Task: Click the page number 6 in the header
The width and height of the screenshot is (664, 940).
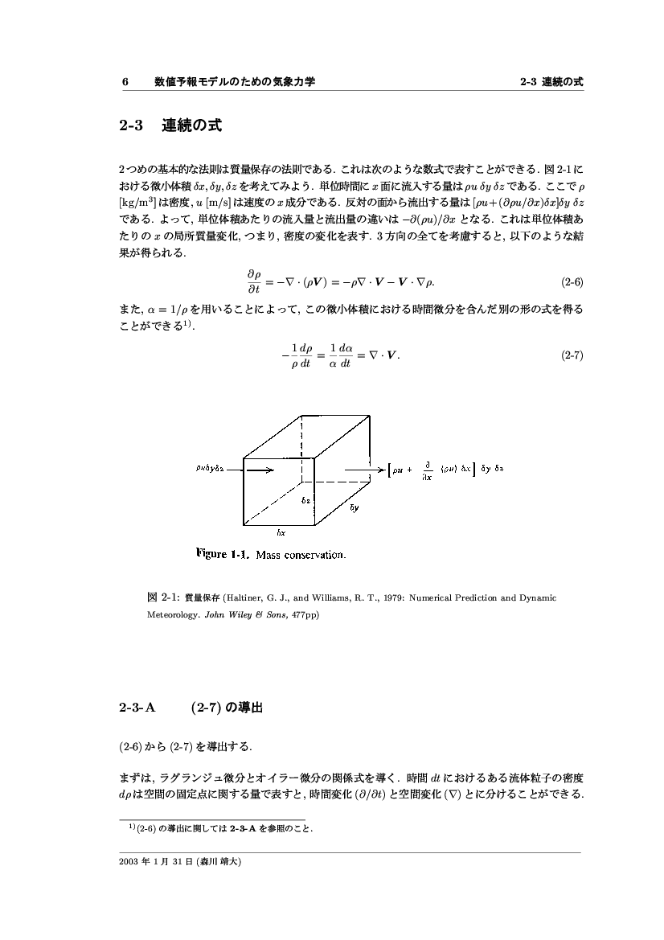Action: coord(125,82)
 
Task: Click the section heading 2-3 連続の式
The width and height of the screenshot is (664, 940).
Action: coord(170,126)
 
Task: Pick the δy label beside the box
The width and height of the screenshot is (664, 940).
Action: coord(354,508)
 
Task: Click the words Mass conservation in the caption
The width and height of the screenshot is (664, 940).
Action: coord(301,554)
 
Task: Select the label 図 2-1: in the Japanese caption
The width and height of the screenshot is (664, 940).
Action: coord(164,598)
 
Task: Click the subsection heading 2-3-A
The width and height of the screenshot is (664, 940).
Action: coord(137,708)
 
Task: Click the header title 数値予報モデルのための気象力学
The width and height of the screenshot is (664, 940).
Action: coord(235,82)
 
